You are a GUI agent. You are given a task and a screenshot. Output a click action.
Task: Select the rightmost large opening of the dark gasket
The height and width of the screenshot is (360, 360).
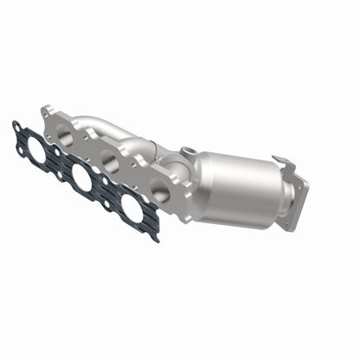coord(132,208)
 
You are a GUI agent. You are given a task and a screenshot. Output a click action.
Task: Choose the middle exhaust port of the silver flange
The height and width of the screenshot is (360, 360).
coord(110,160)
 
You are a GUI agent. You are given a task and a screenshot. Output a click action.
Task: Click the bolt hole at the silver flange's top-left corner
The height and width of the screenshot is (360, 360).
coord(47,111)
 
